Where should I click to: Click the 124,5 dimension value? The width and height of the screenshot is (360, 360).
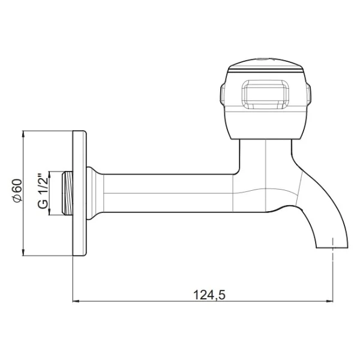[x=209, y=295]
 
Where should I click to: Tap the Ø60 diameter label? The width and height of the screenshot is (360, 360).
[x=17, y=191]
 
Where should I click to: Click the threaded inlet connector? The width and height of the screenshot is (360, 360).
[x=67, y=193]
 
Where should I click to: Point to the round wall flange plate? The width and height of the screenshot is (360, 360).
[x=79, y=193]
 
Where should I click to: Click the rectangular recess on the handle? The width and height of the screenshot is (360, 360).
[x=265, y=94]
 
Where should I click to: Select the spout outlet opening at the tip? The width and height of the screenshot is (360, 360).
[x=332, y=247]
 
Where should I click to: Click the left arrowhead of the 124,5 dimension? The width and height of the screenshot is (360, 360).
[x=76, y=301]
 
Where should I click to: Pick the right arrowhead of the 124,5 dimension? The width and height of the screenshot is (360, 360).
[x=329, y=301]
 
